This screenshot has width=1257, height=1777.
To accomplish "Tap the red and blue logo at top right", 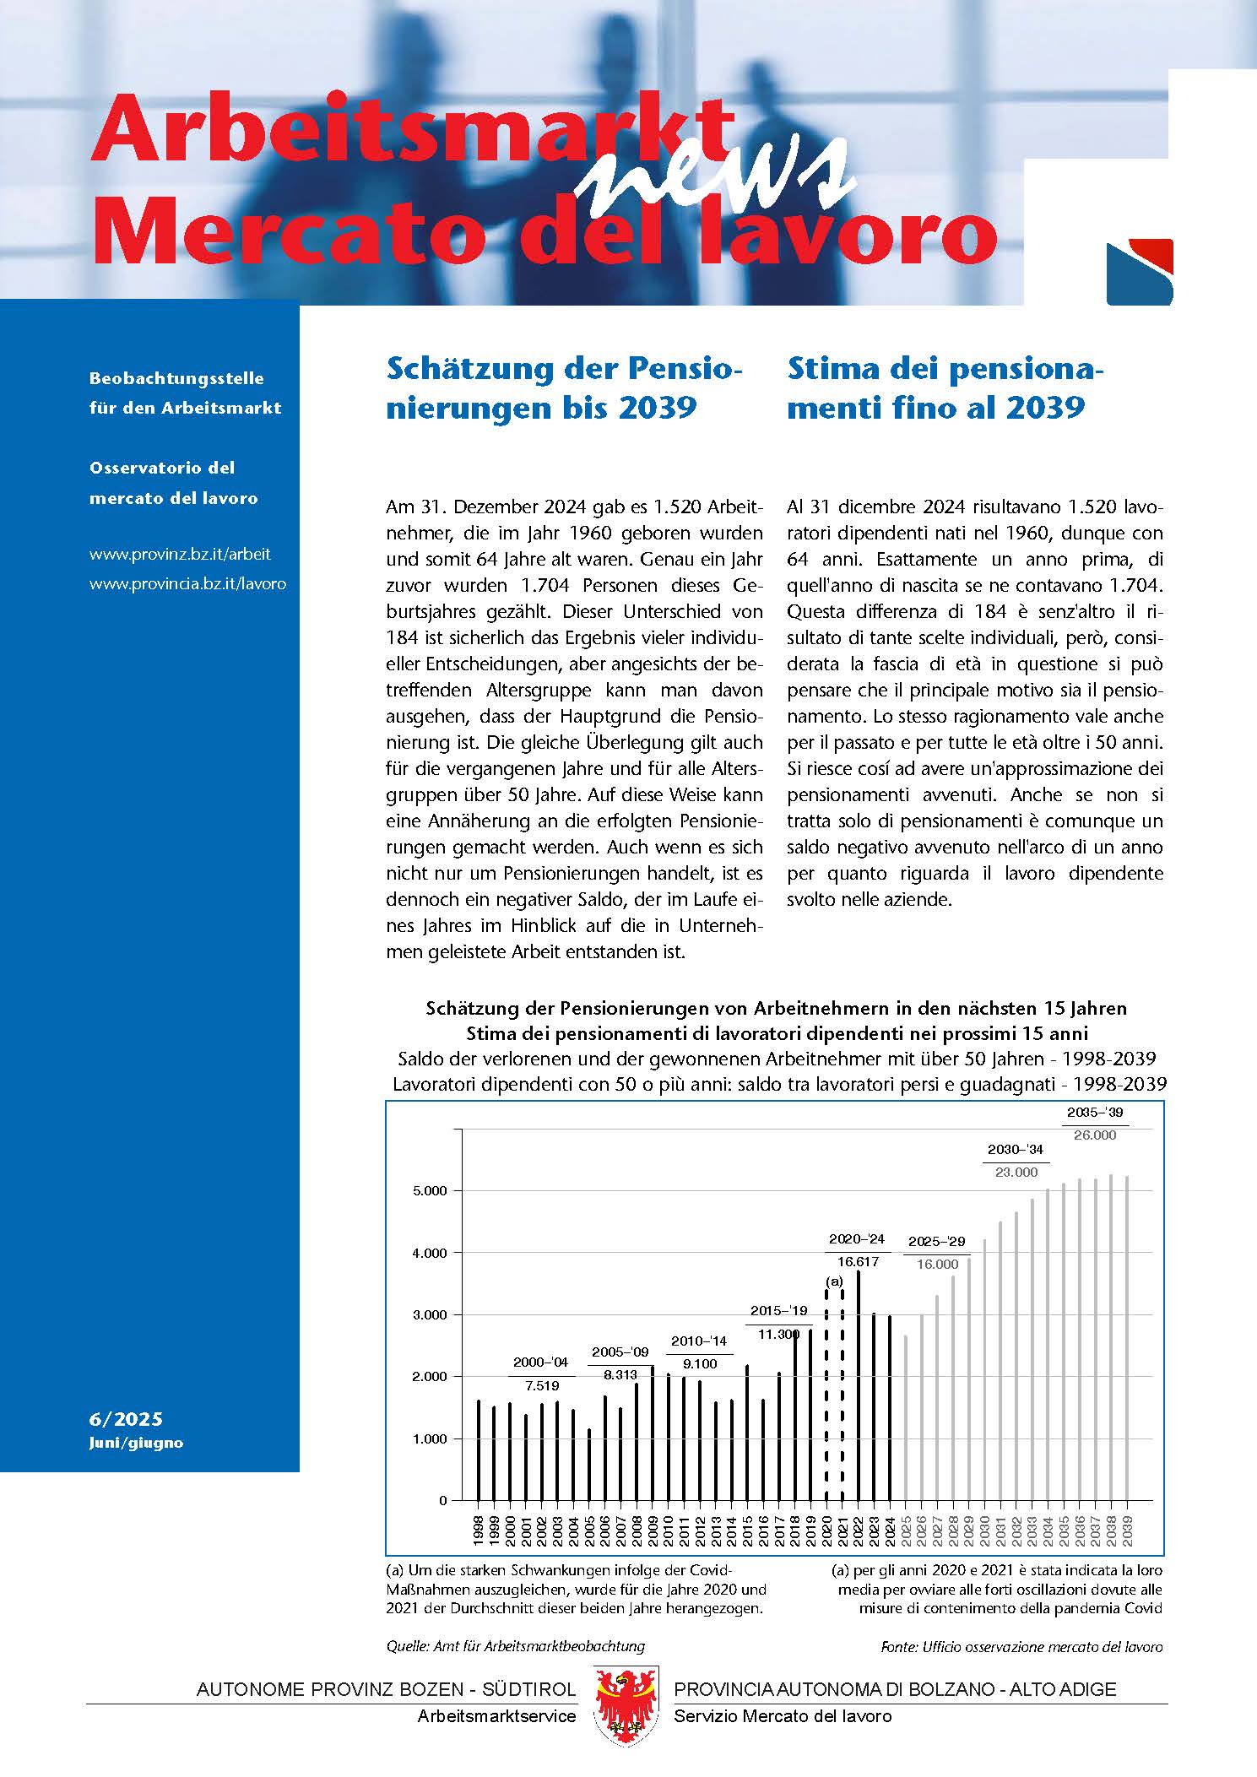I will [1139, 272].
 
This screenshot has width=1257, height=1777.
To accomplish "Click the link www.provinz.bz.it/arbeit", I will [180, 555].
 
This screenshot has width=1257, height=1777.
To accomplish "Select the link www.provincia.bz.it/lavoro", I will [187, 583].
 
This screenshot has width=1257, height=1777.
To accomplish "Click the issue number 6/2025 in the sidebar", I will [126, 1419].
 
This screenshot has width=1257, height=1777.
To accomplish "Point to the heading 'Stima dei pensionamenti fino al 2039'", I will [945, 387].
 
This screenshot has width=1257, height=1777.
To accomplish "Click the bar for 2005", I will [589, 1465].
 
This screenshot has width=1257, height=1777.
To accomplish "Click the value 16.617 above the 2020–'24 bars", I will [858, 1262].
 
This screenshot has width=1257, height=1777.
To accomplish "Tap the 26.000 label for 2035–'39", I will [1095, 1135].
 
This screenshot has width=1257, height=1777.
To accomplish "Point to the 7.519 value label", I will [541, 1386].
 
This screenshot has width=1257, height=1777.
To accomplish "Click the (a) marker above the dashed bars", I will [834, 1281].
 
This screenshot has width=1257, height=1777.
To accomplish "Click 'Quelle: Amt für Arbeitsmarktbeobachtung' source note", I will [515, 1646].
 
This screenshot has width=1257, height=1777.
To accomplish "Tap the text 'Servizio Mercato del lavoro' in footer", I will [782, 1716].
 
